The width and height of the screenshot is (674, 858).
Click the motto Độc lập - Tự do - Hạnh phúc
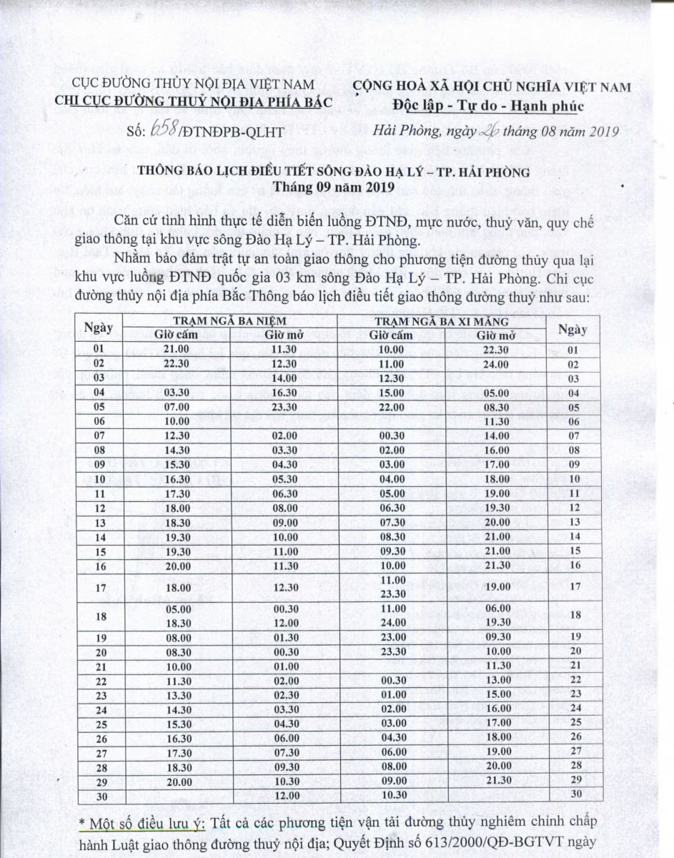[x=489, y=106]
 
